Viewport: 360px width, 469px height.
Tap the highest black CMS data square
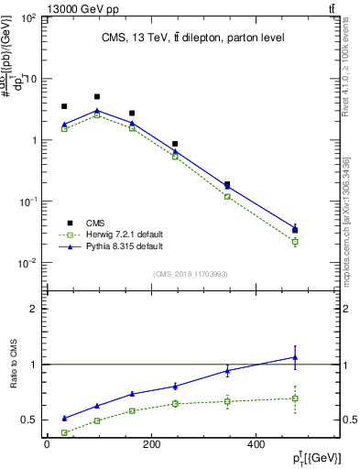coord(97,96)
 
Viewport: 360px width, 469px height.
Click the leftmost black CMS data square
coord(64,106)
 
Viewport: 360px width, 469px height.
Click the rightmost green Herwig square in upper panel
coord(295,242)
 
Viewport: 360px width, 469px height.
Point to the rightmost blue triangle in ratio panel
coord(295,357)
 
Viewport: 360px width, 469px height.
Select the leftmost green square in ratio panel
coord(64,432)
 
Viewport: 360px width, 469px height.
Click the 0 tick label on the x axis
coord(47,446)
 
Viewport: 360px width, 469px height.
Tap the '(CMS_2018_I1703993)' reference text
coord(191,272)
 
